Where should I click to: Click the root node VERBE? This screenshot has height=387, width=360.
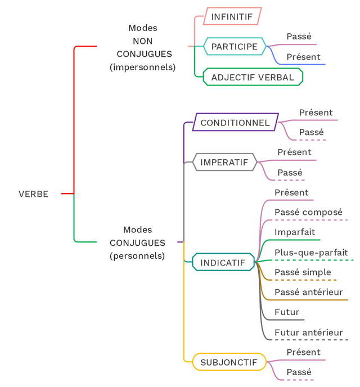(x=34, y=194)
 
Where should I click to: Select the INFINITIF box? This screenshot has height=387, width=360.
(x=232, y=17)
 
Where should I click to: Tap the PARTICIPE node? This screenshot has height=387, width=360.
(x=234, y=47)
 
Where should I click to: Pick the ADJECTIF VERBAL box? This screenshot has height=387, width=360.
(x=253, y=77)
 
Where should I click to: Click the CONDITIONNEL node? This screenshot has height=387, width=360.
(x=235, y=122)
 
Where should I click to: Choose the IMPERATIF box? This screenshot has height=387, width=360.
(x=224, y=163)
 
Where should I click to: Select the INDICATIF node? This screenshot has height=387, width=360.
(x=223, y=263)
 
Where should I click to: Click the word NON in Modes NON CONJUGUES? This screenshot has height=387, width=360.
(x=143, y=41)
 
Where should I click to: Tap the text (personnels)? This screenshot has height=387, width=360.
(x=137, y=256)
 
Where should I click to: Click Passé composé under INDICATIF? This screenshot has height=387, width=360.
(x=308, y=213)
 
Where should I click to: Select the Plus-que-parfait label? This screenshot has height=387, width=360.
(x=311, y=253)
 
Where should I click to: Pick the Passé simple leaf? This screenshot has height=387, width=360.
(x=303, y=272)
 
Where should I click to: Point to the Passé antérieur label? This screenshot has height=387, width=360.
(x=308, y=292)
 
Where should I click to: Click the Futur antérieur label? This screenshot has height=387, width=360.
(x=308, y=332)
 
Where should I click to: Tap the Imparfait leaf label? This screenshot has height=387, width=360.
(x=295, y=232)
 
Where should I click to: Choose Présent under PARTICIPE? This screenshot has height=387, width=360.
(x=303, y=57)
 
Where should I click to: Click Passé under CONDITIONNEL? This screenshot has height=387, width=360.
(x=311, y=132)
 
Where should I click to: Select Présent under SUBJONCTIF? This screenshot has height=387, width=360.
(x=303, y=353)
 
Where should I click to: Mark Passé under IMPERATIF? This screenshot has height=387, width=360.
(x=290, y=172)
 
